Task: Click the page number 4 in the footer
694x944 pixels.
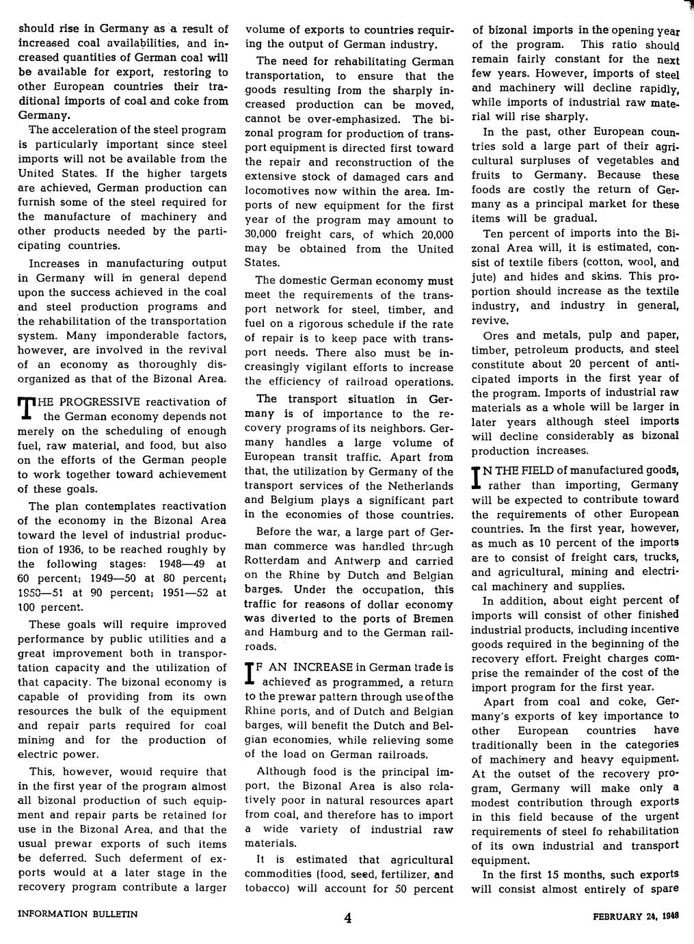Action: click(x=348, y=919)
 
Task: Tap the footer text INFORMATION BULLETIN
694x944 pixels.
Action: click(x=78, y=913)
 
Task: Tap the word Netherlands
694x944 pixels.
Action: click(x=419, y=486)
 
